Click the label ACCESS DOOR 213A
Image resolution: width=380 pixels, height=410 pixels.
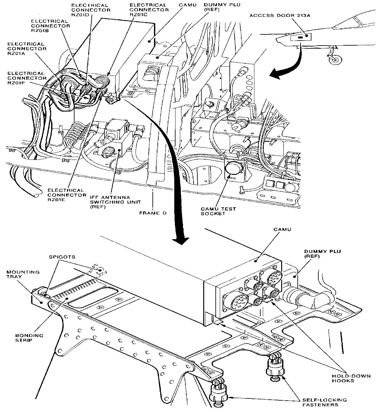point(280,16)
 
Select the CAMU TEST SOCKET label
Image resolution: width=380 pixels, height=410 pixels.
point(218,211)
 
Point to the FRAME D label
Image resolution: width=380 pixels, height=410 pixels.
point(152,213)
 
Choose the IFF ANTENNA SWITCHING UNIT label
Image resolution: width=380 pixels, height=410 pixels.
point(115,202)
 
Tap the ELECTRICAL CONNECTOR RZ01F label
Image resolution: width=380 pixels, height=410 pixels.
point(27,78)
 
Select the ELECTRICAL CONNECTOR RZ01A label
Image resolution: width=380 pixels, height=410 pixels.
point(27,48)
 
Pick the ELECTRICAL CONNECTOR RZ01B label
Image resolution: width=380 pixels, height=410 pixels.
point(51,26)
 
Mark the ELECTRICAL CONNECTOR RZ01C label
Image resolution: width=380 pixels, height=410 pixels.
point(149,10)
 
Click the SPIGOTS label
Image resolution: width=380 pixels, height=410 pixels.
point(62,257)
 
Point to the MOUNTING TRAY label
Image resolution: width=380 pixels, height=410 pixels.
point(23,274)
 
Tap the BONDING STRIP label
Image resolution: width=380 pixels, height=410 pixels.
point(29,338)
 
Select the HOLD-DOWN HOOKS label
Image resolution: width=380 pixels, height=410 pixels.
point(351,378)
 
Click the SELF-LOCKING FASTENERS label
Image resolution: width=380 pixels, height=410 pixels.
point(324,402)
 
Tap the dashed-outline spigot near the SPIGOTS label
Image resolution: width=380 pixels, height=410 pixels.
point(100,270)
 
